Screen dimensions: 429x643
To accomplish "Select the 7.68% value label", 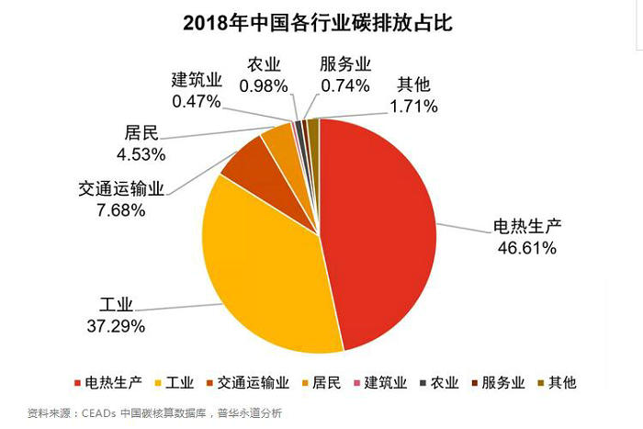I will coord(115,210).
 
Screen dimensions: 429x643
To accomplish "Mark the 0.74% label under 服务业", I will coord(344,85).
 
